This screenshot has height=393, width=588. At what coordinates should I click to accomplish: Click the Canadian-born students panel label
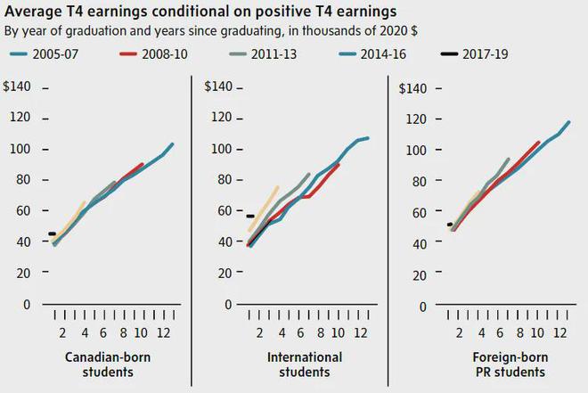[99, 364]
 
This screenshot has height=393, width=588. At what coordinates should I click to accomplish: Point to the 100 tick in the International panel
[222, 149]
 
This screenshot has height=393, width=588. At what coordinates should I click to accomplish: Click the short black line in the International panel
[250, 217]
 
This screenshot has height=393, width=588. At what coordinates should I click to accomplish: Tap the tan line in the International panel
[264, 209]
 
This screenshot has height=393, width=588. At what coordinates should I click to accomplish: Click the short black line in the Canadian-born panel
[53, 233]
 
